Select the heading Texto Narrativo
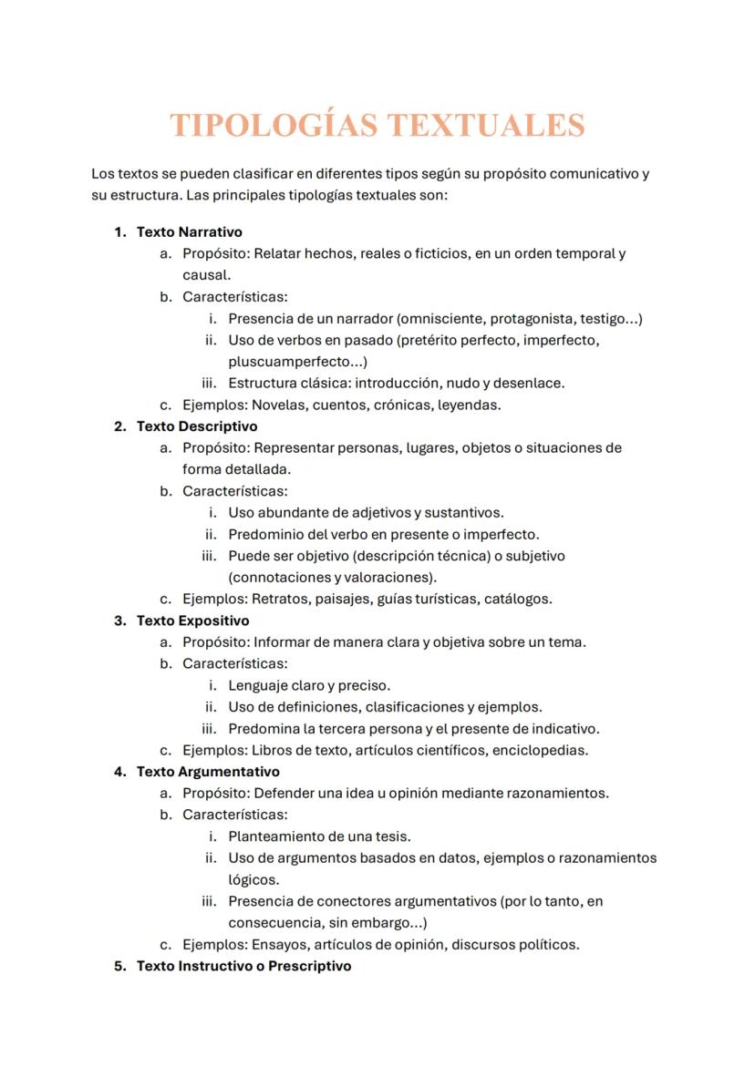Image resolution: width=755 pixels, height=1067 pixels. point(189,232)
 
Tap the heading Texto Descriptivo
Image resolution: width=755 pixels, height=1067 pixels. point(197,426)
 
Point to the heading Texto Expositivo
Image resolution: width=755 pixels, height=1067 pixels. point(192,621)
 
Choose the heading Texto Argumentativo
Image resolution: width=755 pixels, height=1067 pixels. point(208,772)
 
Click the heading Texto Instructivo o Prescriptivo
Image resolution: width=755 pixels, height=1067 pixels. point(243,966)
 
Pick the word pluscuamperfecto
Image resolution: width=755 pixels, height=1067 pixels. point(285,362)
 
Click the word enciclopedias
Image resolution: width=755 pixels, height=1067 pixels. point(540,751)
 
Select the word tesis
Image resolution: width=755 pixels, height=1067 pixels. point(394,836)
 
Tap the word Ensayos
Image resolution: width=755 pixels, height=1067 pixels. point(278,945)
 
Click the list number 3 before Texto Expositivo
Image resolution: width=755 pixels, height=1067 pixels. point(119,621)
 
